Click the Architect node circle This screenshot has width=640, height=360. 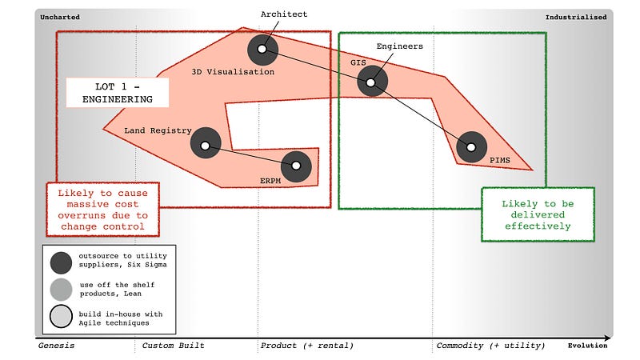tap(262, 50)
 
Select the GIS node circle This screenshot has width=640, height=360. tap(372, 81)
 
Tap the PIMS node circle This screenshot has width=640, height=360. tap(471, 146)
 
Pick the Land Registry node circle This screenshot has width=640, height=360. tap(206, 144)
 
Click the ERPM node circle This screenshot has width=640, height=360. tap(296, 166)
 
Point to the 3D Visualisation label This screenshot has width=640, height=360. tap(233, 72)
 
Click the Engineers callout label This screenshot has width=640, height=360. tap(399, 46)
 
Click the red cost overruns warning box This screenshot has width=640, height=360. tap(102, 210)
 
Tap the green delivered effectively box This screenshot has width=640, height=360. tap(538, 214)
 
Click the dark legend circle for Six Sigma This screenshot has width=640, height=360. tap(60, 261)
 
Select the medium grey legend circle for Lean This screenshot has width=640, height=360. tap(60, 290)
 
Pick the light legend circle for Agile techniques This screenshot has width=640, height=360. tap(60, 318)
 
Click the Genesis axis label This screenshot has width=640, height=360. tap(57, 346)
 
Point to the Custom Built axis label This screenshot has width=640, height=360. tap(173, 346)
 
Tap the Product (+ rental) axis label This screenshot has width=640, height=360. tap(306, 346)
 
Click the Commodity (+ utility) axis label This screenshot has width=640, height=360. tap(490, 346)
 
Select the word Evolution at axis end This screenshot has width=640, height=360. tap(588, 346)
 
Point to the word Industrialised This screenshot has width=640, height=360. tap(576, 17)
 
